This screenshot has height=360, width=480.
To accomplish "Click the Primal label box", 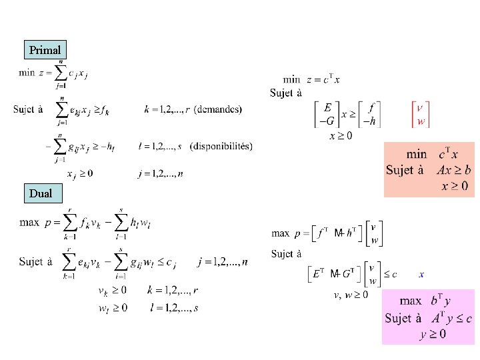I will coord(45,50).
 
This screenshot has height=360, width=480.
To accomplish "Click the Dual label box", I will coord(45,194).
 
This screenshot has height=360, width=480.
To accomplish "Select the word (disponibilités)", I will coord(221,146).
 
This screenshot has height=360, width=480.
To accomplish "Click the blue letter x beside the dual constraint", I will coord(421,273).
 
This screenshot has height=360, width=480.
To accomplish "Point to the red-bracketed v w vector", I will coord(420,113).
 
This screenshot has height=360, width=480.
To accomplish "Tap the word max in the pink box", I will coord(411,301).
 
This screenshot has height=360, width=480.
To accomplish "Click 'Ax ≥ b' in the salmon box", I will coord(454,169).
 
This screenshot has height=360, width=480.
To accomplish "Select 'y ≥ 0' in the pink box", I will coord(433,334).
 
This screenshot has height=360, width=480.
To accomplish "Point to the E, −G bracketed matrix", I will coord(327,113).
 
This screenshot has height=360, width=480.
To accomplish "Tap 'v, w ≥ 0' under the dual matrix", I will coord(351,294).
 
